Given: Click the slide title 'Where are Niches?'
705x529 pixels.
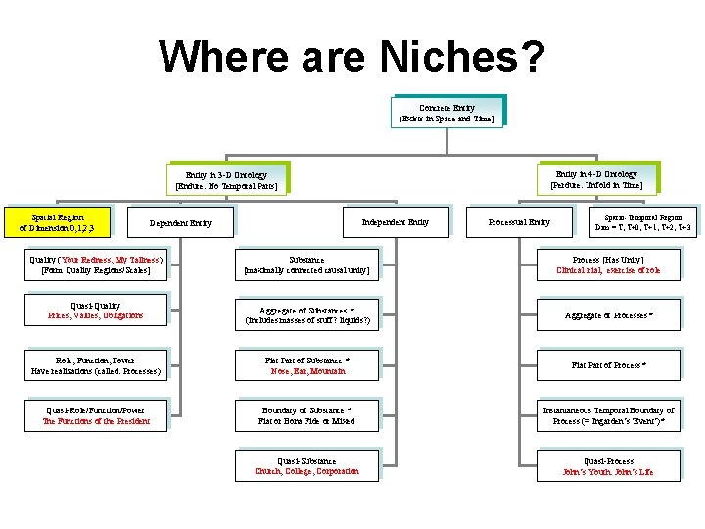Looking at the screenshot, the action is coord(352,56).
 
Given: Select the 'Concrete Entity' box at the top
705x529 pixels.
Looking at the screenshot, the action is coord(446,113).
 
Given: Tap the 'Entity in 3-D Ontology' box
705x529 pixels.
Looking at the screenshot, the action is coord(226,180).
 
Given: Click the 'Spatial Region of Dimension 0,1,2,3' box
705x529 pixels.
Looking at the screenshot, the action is coord(58,222).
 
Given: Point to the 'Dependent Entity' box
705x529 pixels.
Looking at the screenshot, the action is coord(186,222).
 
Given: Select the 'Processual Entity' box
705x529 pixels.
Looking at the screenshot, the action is coord(519,222).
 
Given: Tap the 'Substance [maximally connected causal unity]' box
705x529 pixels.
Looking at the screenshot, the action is coord(306,264).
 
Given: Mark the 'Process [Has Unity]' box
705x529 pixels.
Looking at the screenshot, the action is coord(608,264).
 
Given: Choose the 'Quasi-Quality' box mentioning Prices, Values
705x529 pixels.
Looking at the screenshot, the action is coord(96,311).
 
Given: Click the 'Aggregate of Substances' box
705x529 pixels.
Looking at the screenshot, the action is coord(306,314).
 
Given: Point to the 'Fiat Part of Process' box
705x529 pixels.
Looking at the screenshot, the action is coord(608,365).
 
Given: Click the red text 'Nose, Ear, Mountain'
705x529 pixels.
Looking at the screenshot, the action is coord(306,372).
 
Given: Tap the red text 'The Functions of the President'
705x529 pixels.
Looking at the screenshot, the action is coord(96,421).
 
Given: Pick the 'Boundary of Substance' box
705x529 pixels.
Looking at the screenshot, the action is coord(306,415).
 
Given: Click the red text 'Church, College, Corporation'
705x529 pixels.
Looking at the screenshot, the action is coord(306,471).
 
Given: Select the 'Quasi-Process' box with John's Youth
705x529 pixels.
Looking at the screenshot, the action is coord(608,466).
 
